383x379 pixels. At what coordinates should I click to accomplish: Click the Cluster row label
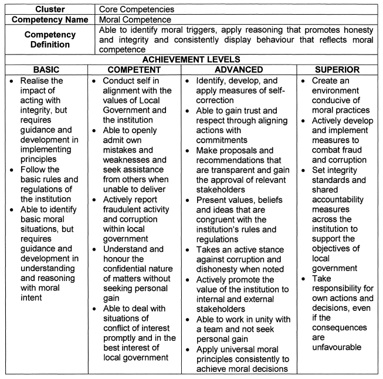pos(49,9)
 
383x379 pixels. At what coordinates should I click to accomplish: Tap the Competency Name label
pos(49,20)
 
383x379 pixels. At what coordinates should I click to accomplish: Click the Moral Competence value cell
pos(135,20)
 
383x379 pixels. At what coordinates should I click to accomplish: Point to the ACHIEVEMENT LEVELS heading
pos(191,58)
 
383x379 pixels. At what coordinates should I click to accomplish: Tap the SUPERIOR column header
pos(338,69)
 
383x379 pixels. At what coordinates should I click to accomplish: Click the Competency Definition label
pos(49,39)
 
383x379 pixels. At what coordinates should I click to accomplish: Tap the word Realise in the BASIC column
pos(37,80)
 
